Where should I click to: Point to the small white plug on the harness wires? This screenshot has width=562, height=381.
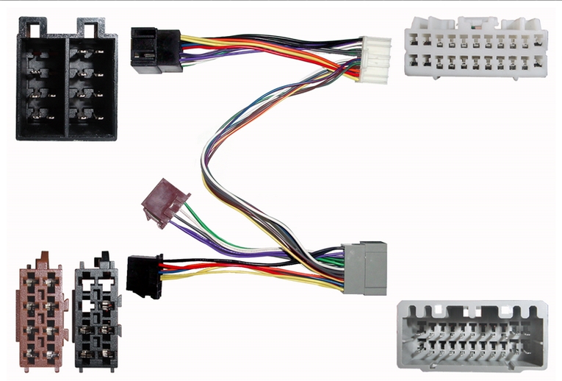373,59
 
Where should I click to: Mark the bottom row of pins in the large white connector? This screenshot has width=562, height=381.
475,63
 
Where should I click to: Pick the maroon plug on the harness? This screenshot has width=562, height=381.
165,202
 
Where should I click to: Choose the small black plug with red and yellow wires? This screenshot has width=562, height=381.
145,274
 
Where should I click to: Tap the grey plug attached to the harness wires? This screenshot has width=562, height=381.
364,268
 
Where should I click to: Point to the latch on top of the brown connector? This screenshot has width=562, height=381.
44,258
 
